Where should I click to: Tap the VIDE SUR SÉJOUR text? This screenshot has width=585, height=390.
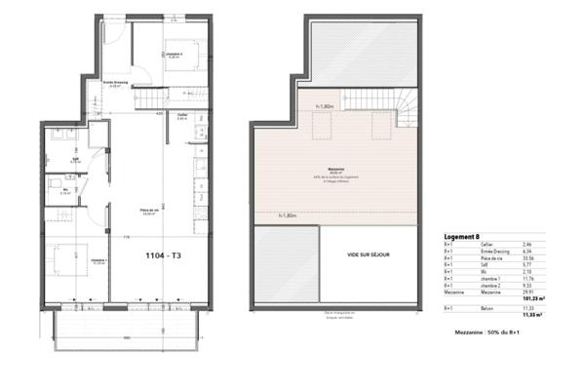pyautogui.click(x=369, y=254)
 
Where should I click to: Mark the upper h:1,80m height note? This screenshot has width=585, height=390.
pyautogui.click(x=326, y=105)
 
